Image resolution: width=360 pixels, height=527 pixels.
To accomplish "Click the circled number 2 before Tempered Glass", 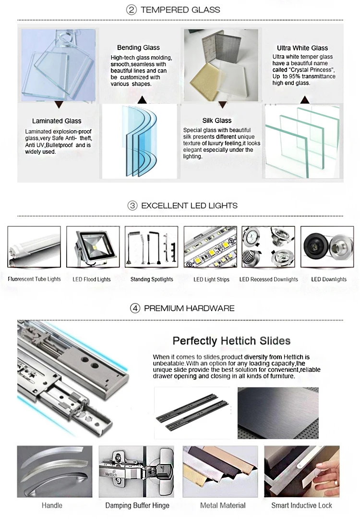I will (x=131, y=10).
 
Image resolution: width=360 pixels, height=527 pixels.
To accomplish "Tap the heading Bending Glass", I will (x=138, y=48).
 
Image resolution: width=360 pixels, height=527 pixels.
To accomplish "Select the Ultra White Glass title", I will (x=302, y=48).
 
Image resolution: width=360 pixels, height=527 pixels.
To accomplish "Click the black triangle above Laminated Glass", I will (x=59, y=104).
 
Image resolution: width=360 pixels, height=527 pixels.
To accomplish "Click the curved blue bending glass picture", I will (x=139, y=142).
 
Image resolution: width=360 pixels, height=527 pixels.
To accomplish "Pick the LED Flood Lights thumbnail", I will (x=93, y=247).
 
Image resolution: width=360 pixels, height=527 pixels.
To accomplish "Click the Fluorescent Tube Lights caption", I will (x=34, y=279).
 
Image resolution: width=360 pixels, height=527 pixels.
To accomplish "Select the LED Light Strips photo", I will (x=211, y=247).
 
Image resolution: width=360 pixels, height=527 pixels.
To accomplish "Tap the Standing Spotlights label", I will (x=152, y=280).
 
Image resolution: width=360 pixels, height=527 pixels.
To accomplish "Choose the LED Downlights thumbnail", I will (x=328, y=247).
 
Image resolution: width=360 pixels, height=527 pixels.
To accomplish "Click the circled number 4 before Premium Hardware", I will (x=135, y=308).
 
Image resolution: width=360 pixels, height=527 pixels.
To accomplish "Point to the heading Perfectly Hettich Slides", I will (x=231, y=341).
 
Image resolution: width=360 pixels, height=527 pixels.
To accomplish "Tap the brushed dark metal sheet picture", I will (x=278, y=413).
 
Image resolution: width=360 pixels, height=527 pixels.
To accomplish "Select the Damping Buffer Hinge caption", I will (x=137, y=505).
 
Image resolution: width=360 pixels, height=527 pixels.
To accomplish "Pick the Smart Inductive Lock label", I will (x=301, y=505).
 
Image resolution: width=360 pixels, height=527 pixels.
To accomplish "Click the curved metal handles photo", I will (x=54, y=471).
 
